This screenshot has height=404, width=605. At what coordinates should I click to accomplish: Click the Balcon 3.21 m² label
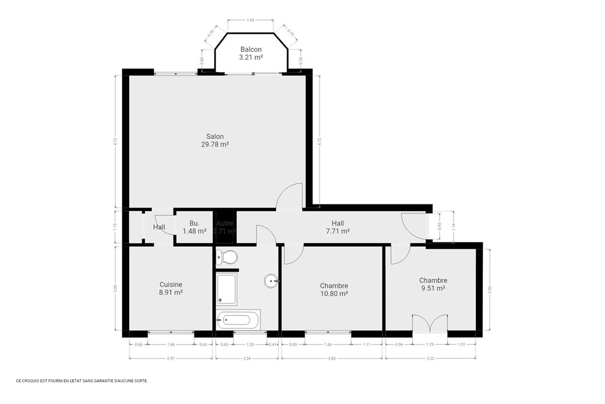click(251, 53)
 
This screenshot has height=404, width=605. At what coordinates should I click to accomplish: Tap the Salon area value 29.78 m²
click(215, 144)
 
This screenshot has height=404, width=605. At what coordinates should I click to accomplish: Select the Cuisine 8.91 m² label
click(170, 289)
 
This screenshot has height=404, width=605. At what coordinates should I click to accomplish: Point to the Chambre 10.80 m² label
click(333, 290)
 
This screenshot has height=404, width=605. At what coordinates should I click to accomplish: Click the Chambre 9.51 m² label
click(433, 284)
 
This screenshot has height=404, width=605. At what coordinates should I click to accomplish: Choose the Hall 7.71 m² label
click(337, 227)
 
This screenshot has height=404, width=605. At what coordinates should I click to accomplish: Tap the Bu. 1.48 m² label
click(194, 227)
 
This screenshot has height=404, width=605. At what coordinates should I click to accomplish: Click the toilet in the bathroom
click(226, 257)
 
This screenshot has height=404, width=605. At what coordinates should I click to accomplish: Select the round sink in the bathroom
click(271, 280)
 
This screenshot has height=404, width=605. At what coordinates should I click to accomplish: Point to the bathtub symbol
click(238, 320)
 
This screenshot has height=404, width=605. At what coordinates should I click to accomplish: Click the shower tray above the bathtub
click(226, 289)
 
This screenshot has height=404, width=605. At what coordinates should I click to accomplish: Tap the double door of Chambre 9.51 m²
click(429, 324)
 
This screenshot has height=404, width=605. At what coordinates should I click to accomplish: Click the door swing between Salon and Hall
click(290, 196)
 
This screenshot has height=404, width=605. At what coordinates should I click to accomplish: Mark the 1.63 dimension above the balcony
click(250, 20)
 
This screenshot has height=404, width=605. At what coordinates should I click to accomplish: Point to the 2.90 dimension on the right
click(489, 289)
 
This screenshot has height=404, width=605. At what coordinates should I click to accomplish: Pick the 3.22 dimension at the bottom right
click(430, 358)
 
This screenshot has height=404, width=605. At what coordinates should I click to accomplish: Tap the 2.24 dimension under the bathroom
click(248, 358)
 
